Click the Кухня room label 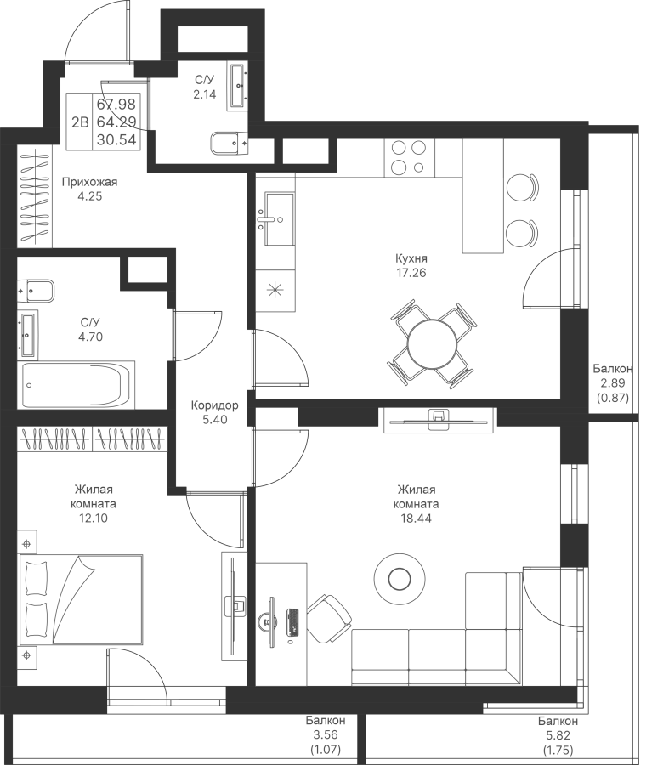[x=411, y=258]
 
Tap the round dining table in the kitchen [x=432, y=343]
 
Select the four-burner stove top [x=409, y=157]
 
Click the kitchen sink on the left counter [x=279, y=218]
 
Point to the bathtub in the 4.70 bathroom [x=77, y=385]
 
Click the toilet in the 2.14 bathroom [x=230, y=144]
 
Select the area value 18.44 [x=416, y=518]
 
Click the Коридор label [x=215, y=405]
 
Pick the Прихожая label [x=90, y=182]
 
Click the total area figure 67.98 [x=116, y=105]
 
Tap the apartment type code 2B [x=80, y=122]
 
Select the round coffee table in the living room [x=400, y=579]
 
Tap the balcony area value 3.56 [x=326, y=734]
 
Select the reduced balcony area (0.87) [x=613, y=398]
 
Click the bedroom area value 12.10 [x=94, y=518]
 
